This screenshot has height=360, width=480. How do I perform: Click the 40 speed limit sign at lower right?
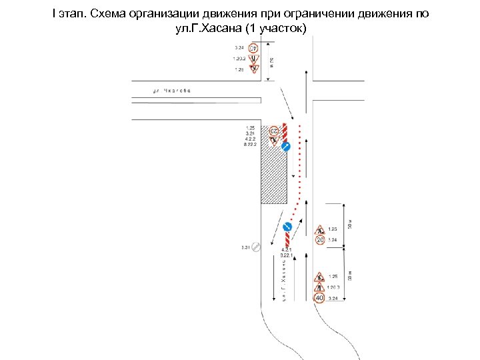coord(320,298)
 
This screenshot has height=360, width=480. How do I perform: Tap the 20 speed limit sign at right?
coord(320,240)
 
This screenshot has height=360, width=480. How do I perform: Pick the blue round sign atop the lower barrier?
coord(288,226)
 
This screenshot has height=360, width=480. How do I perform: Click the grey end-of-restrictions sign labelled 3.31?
coord(255,247)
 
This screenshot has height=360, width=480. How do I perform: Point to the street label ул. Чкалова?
coord(171,91)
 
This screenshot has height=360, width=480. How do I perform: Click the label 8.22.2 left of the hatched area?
coord(250,143)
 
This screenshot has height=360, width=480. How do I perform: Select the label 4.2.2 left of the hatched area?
coord(250,138)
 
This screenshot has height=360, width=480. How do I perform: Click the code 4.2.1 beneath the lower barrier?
coord(287,250)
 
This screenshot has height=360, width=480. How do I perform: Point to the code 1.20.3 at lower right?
coord(334,287)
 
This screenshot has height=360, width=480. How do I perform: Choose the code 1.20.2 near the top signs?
coord(239,59)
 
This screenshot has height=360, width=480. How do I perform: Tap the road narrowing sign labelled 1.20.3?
coord(320,287)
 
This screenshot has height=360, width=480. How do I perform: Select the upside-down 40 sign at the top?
coord(253,48)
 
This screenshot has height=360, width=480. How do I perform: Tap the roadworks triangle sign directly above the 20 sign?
coord(320,229)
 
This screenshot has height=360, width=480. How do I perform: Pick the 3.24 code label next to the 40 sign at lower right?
coord(333,298)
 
